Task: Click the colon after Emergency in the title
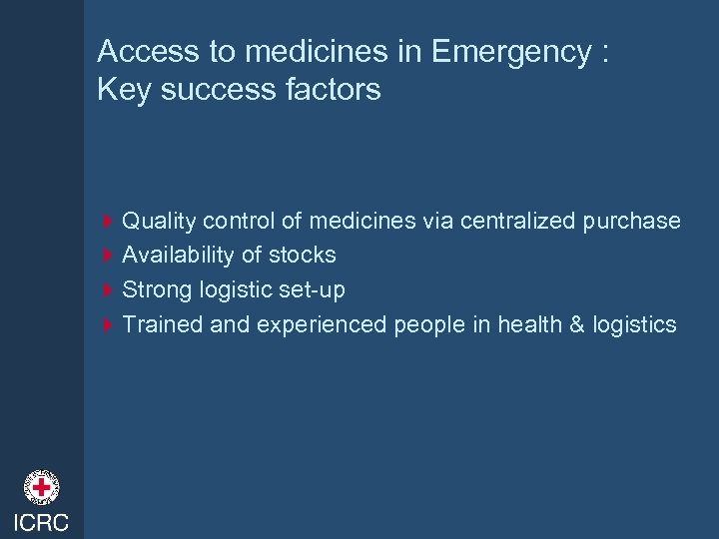(x=605, y=55)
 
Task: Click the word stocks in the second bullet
(x=302, y=255)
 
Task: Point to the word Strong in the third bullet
(x=153, y=289)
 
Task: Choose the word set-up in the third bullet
(x=318, y=290)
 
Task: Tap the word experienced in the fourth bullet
(x=317, y=325)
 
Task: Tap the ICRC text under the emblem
(x=42, y=523)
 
